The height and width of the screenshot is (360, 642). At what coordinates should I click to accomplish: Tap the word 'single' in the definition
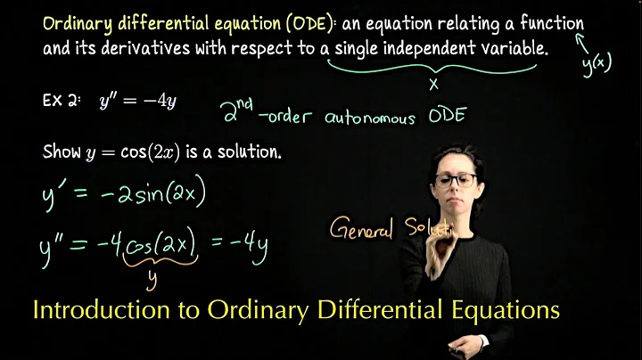(x=359, y=47)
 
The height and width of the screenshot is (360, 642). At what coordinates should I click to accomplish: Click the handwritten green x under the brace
(x=434, y=85)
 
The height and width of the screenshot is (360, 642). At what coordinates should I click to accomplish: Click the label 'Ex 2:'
(x=61, y=100)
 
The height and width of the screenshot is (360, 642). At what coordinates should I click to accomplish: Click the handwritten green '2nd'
(x=239, y=111)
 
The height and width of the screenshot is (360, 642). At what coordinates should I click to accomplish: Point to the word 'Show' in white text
(x=62, y=151)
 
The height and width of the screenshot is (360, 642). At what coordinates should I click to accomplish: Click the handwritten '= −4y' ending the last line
(x=241, y=243)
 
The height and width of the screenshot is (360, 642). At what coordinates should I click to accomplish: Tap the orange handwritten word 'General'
(x=360, y=230)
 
